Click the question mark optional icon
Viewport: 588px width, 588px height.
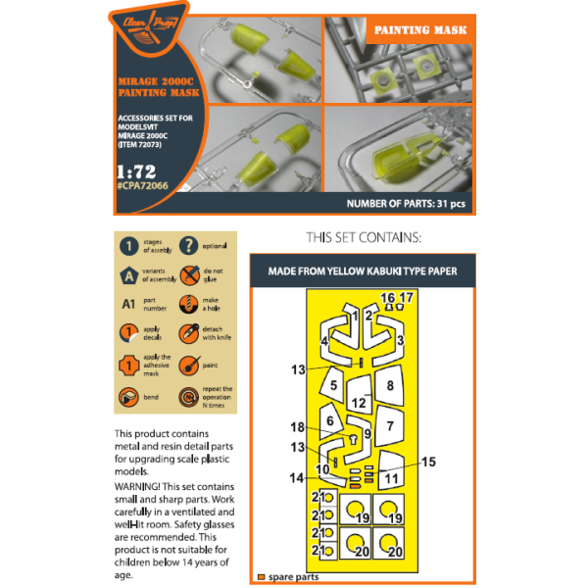tap(187, 246)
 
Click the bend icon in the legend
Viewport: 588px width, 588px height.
tap(127, 397)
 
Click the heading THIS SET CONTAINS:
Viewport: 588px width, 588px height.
tap(364, 238)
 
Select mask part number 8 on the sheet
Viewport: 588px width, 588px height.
tap(390, 385)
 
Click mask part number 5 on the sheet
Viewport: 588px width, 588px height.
tap(334, 386)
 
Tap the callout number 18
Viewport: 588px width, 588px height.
tap(298, 427)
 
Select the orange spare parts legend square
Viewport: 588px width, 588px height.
tap(261, 576)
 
